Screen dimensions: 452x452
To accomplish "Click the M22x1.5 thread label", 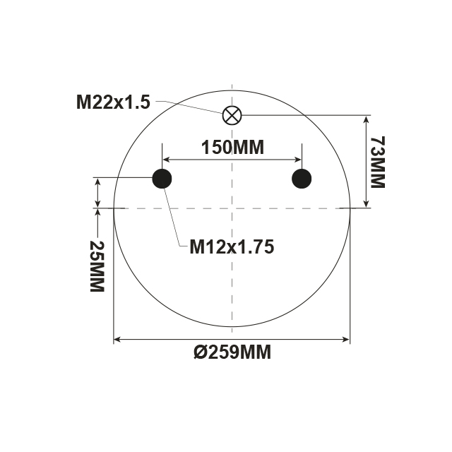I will tap(113, 102).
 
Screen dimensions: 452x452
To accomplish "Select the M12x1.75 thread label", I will tap(231, 246).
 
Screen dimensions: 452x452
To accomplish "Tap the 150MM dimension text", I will tap(232, 148).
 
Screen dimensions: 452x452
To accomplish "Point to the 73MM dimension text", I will tap(377, 163).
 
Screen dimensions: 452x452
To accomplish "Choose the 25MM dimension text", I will tap(96, 266).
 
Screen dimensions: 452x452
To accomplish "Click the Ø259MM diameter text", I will tap(232, 352).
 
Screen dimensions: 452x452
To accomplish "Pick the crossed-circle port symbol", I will tap(232, 114).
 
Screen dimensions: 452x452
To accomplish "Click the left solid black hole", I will tap(162, 179).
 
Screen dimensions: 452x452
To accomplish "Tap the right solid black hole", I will tap(302, 179).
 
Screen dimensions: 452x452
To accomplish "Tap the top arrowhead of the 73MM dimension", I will tap(366, 119).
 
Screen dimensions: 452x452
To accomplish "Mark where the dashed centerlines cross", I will tap(232, 208).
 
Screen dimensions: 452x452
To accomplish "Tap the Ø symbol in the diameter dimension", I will tap(200, 352).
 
